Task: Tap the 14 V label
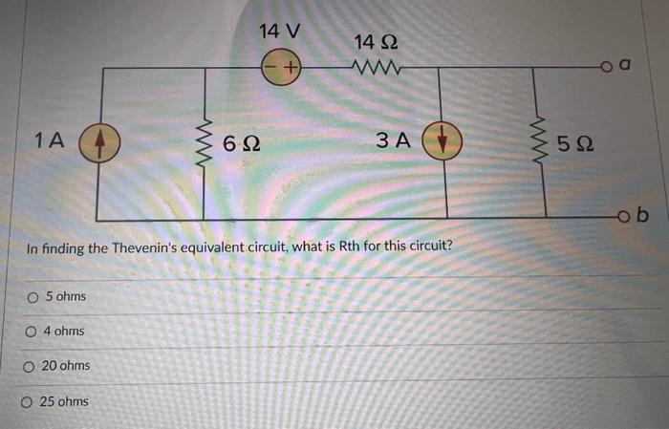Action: (279, 31)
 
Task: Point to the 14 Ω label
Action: (374, 42)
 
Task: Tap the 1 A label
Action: (48, 141)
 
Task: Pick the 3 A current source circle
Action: (446, 142)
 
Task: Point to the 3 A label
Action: (392, 141)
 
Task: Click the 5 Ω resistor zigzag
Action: (545, 144)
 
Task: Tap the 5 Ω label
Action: (578, 145)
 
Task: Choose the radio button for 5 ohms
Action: (33, 297)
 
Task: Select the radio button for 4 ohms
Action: (32, 332)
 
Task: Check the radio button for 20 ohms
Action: (30, 366)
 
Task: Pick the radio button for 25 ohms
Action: (28, 401)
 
